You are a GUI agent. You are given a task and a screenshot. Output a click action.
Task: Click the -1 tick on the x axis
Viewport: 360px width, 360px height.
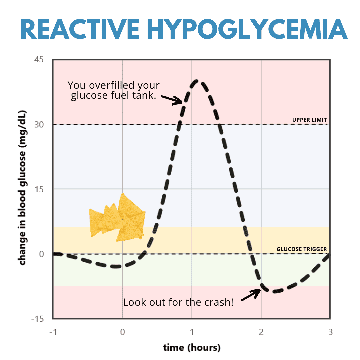(x=53, y=332)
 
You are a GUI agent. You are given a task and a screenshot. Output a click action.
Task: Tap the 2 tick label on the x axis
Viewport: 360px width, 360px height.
(x=261, y=332)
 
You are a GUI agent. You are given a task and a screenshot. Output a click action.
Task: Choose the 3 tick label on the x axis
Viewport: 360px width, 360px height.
(x=330, y=332)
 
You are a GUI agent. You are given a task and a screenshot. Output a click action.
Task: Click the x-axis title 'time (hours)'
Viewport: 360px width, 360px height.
(x=192, y=348)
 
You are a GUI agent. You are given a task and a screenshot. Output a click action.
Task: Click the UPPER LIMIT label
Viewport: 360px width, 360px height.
(x=309, y=120)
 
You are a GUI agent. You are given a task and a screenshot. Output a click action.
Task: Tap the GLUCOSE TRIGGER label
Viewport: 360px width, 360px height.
(x=301, y=249)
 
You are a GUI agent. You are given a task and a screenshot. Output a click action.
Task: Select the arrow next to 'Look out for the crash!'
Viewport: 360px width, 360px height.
(x=251, y=295)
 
